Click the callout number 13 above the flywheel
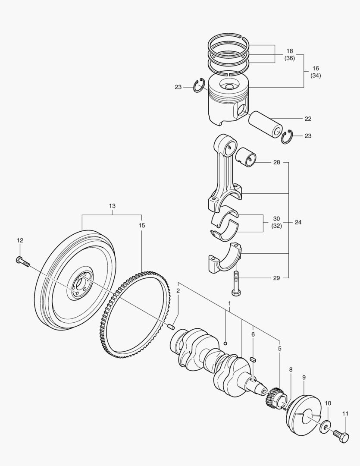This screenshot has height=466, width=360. click(112, 206)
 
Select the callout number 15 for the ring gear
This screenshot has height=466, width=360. click(142, 225)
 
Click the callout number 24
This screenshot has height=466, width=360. click(298, 223)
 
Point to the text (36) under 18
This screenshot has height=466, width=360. click(290, 58)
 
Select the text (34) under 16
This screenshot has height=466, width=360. click(316, 76)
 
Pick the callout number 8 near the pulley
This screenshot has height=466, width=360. click(291, 369)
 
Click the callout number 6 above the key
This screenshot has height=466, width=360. click(253, 334)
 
